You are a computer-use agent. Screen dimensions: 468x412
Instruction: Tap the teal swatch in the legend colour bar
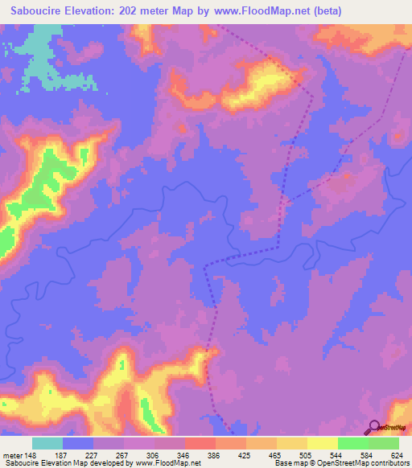(47, 443)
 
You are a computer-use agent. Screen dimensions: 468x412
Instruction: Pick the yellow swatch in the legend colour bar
(292, 443)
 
